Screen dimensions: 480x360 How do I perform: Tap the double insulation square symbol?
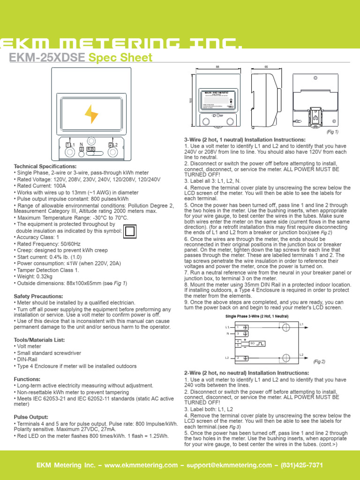pos(130,231)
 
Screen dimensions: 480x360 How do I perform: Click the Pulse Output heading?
pos(31,417)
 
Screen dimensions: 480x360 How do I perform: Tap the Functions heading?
pos(27,379)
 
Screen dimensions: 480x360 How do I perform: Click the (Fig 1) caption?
pos(332,132)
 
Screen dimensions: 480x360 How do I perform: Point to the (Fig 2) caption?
pos(319,361)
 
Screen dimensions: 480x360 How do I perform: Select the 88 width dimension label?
pos(217,67)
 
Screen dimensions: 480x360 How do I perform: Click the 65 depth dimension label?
pos(266,67)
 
